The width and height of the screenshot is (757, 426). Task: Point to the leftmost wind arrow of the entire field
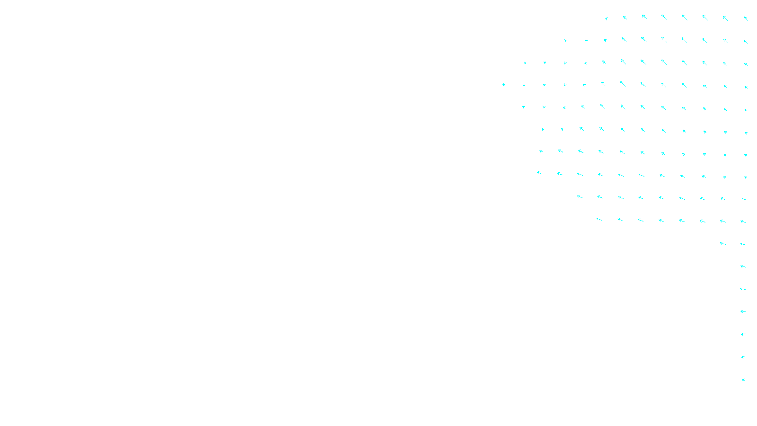pyautogui.click(x=504, y=85)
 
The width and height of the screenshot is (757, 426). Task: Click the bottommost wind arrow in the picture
pyautogui.click(x=744, y=379)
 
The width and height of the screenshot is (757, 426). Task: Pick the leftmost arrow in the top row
pyautogui.click(x=607, y=19)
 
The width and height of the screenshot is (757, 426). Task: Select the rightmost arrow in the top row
pyautogui.click(x=746, y=18)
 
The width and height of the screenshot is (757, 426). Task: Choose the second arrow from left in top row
pyautogui.click(x=625, y=18)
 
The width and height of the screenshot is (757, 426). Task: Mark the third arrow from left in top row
pyautogui.click(x=644, y=17)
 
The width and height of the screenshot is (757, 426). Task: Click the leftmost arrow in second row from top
pyautogui.click(x=565, y=41)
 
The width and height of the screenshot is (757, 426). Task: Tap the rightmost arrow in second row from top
pyautogui.click(x=746, y=42)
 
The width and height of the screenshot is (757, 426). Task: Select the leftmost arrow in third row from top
pyautogui.click(x=525, y=62)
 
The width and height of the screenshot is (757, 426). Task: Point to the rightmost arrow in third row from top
pyautogui.click(x=746, y=64)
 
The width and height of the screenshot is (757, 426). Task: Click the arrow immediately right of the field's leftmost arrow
pyautogui.click(x=524, y=85)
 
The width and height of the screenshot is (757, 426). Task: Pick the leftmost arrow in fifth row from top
pyautogui.click(x=524, y=107)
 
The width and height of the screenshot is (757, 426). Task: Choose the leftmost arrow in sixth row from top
pyautogui.click(x=543, y=129)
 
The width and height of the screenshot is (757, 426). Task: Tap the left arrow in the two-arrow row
pyautogui.click(x=722, y=243)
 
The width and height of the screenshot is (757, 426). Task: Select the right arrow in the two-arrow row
pyautogui.click(x=743, y=244)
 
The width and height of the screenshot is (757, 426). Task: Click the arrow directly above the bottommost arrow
pyautogui.click(x=743, y=357)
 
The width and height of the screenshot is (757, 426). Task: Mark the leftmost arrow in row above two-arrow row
pyautogui.click(x=599, y=219)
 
